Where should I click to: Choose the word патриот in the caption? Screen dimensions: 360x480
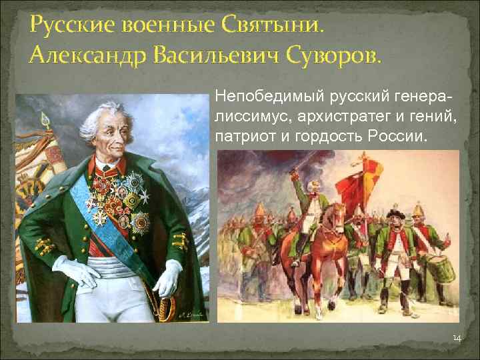point(238,137)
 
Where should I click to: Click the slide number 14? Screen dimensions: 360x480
point(456,339)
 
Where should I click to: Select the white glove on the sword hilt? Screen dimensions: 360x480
point(167,277)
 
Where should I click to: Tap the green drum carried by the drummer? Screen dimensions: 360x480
point(442,269)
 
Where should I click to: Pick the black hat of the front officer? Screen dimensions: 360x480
point(395,215)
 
